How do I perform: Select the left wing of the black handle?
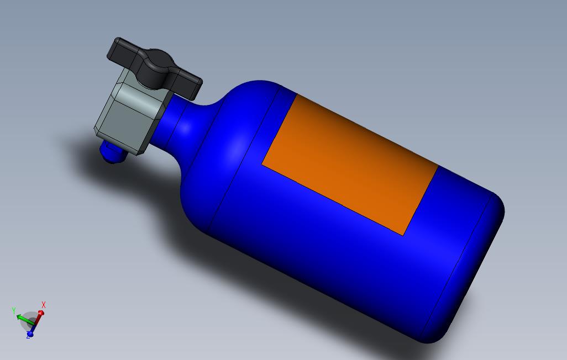coord(123,51)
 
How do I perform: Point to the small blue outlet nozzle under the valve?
coord(112,152)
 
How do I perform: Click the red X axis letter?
coord(44,305)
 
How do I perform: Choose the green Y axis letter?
coord(13,311)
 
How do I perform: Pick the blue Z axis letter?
coord(28,336)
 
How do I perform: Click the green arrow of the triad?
coord(22,317)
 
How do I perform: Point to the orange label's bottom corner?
coord(404,235)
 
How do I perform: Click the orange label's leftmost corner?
coord(262,163)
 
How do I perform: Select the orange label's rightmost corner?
coord(438,166)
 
